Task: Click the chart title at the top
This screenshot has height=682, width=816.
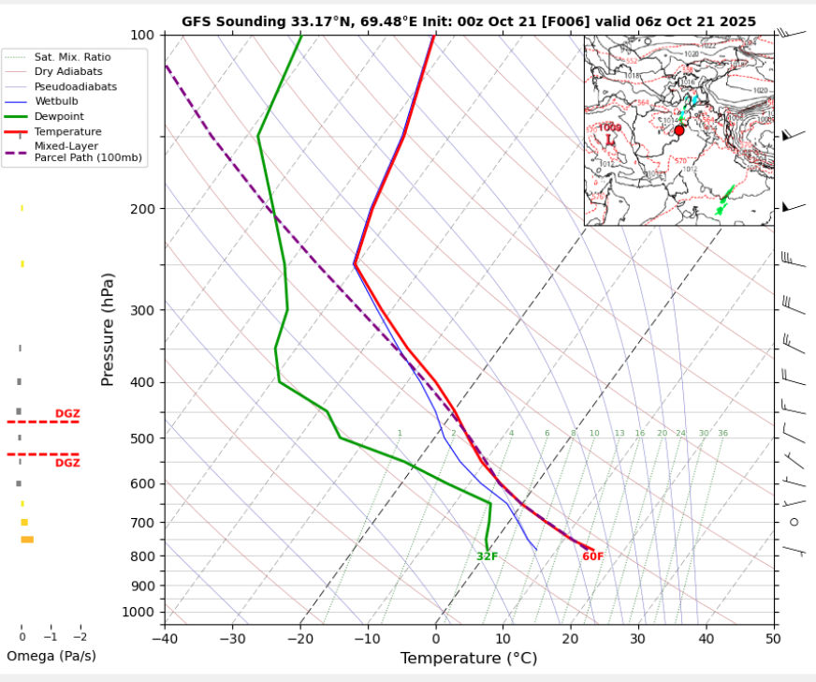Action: [x=469, y=21]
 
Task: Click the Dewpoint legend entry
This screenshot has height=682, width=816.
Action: [x=60, y=116]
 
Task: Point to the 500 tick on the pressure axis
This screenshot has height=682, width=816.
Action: [x=141, y=438]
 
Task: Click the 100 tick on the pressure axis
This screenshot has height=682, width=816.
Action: [x=141, y=36]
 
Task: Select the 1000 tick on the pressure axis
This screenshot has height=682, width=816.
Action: [x=138, y=613]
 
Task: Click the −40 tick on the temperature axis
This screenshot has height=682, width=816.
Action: [x=165, y=639]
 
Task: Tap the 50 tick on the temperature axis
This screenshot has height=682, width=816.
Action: [x=773, y=639]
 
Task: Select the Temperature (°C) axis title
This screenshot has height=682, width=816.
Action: [x=469, y=659]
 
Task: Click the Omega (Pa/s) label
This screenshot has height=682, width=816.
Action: [x=51, y=656]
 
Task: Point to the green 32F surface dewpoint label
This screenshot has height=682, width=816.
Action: [x=487, y=556]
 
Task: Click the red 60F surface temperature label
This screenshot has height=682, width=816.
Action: [x=593, y=556]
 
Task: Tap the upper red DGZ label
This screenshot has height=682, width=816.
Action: [x=67, y=413]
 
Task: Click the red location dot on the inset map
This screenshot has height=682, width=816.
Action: [x=679, y=131]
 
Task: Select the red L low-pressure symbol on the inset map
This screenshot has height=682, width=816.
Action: [x=610, y=140]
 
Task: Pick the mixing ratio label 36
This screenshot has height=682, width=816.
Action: [x=722, y=433]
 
